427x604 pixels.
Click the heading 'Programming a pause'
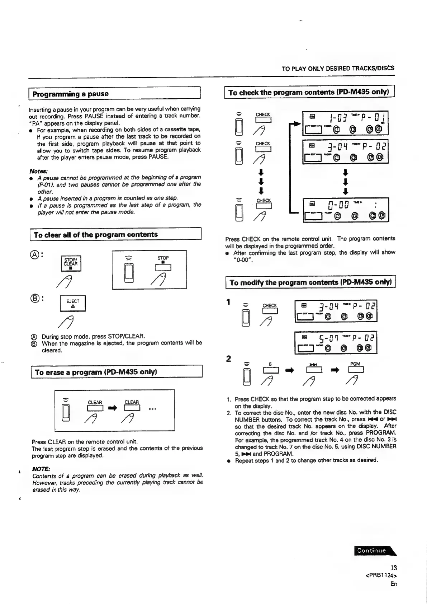pos(70,94)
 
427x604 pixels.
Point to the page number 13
pos(394,568)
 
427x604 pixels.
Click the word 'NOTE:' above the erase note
pos(41,469)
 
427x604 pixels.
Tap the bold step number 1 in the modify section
pos(228,302)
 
